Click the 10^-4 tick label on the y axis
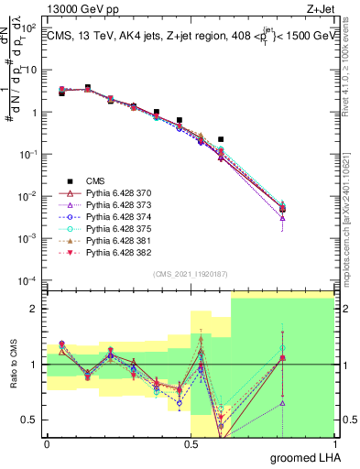[27, 280]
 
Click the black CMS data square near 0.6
[221, 139]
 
